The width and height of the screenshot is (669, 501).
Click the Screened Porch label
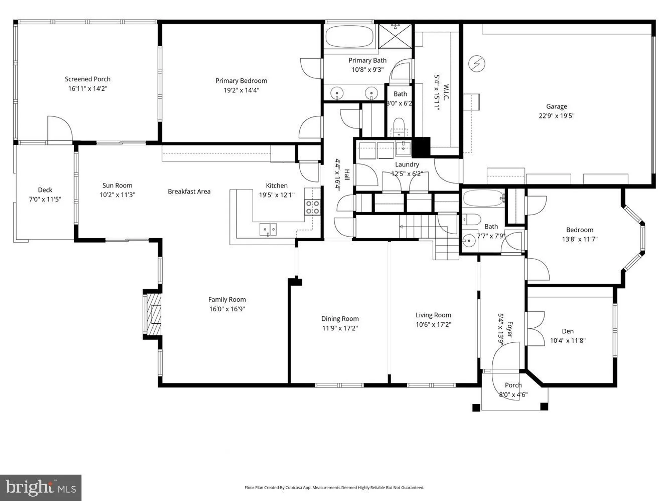[88, 79]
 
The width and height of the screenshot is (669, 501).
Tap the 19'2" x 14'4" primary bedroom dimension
[241, 90]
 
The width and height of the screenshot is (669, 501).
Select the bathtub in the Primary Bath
[349, 36]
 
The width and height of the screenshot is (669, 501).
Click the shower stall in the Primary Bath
[395, 36]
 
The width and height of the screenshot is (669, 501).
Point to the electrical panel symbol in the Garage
[477, 63]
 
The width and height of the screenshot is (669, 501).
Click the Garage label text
[556, 107]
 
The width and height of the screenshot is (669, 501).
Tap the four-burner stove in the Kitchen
[312, 207]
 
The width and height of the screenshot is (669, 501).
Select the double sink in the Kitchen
[268, 229]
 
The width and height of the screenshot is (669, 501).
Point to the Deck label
[45, 190]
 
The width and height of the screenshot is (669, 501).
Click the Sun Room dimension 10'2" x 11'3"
[117, 195]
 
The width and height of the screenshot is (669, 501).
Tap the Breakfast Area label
[189, 191]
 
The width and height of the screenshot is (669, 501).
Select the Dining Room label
[340, 319]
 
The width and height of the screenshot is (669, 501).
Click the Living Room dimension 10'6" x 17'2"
[433, 325]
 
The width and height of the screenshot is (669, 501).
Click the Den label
[568, 331]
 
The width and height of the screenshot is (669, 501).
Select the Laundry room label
[407, 164]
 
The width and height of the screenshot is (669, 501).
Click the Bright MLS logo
[40, 487]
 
